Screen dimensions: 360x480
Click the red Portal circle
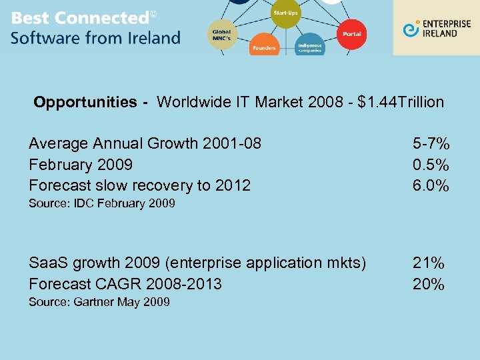coord(351,34)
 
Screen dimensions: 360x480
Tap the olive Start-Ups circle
coord(285,14)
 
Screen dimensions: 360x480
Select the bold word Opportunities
coord(85,102)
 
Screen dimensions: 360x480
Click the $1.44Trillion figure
coord(401,102)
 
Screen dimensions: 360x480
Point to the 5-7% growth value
coord(431,143)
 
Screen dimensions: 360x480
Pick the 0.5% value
coord(431,164)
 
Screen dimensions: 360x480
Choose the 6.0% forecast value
coord(431,185)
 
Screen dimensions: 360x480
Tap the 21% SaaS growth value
coord(428,263)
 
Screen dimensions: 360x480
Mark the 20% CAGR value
coord(428,284)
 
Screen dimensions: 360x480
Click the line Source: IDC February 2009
coord(101,203)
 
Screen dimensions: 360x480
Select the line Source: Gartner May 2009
coord(99,302)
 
